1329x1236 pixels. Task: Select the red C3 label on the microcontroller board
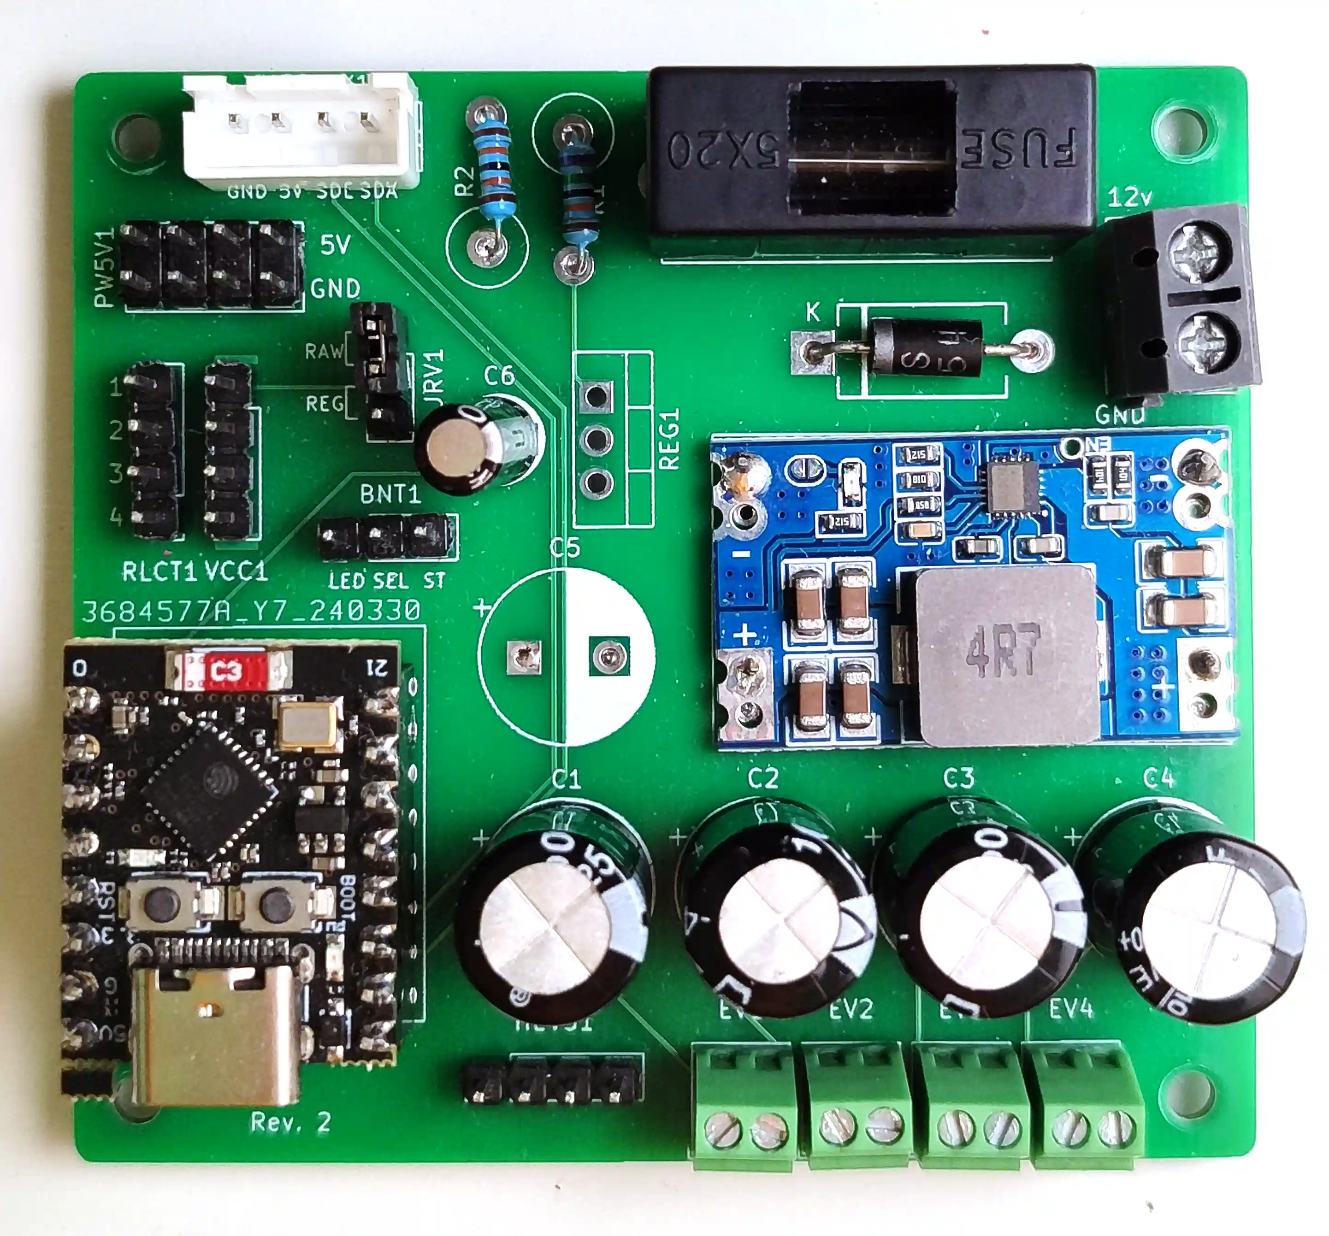(x=225, y=671)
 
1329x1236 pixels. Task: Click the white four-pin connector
(x=301, y=130)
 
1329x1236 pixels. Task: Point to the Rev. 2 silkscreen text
(x=291, y=1122)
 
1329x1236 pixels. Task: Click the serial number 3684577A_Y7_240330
(x=251, y=610)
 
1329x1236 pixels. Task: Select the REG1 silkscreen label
(x=669, y=439)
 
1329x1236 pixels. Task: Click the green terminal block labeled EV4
(x=1087, y=1107)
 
